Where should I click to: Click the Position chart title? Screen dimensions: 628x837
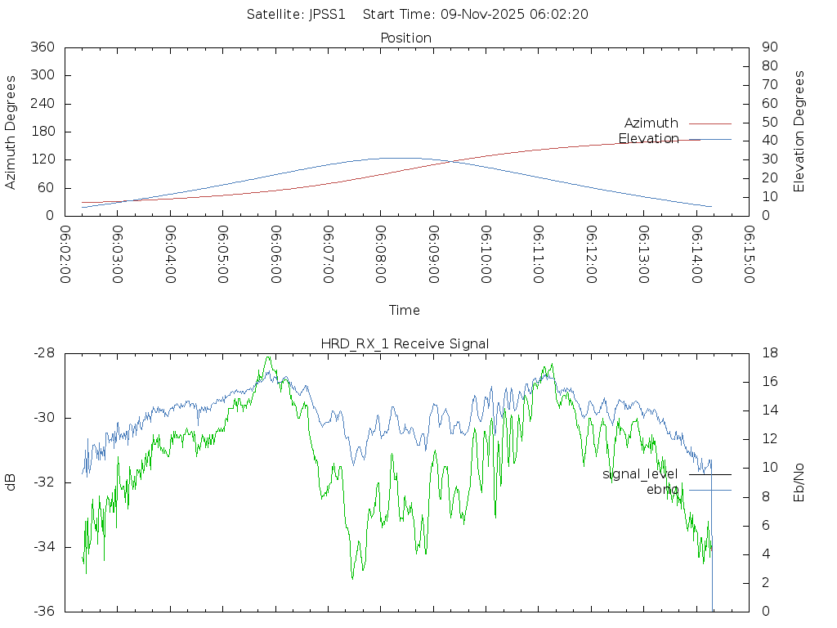point(405,38)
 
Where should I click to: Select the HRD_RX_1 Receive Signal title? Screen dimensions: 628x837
point(405,343)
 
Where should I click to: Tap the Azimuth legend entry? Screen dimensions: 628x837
point(651,123)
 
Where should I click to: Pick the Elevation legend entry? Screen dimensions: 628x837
point(648,139)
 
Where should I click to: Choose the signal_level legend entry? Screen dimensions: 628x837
point(640,474)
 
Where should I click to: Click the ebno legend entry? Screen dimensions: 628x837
point(662,490)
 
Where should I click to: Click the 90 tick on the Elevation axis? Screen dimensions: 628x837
point(768,47)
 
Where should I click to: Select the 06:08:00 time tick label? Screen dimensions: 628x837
point(380,255)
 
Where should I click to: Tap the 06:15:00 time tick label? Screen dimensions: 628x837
point(748,255)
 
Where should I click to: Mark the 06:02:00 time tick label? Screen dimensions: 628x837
point(65,255)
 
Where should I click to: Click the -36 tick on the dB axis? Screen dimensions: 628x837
point(43,611)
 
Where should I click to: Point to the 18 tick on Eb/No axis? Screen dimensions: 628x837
point(769,353)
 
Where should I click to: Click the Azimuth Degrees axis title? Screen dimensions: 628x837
point(11,132)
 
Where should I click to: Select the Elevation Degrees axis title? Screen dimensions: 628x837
point(799,132)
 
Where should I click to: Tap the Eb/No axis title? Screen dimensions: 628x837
point(799,482)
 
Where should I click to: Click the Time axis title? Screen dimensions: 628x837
point(405,310)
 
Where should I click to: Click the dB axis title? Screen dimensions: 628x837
point(11,482)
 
